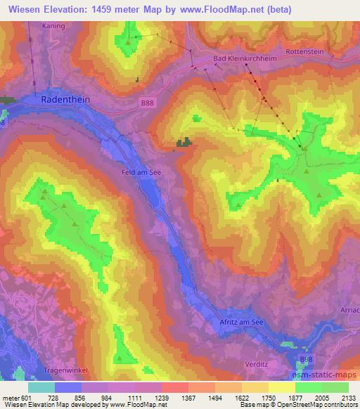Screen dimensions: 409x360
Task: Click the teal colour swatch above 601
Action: click(41, 387)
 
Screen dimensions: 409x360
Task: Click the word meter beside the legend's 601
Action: click(11, 397)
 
